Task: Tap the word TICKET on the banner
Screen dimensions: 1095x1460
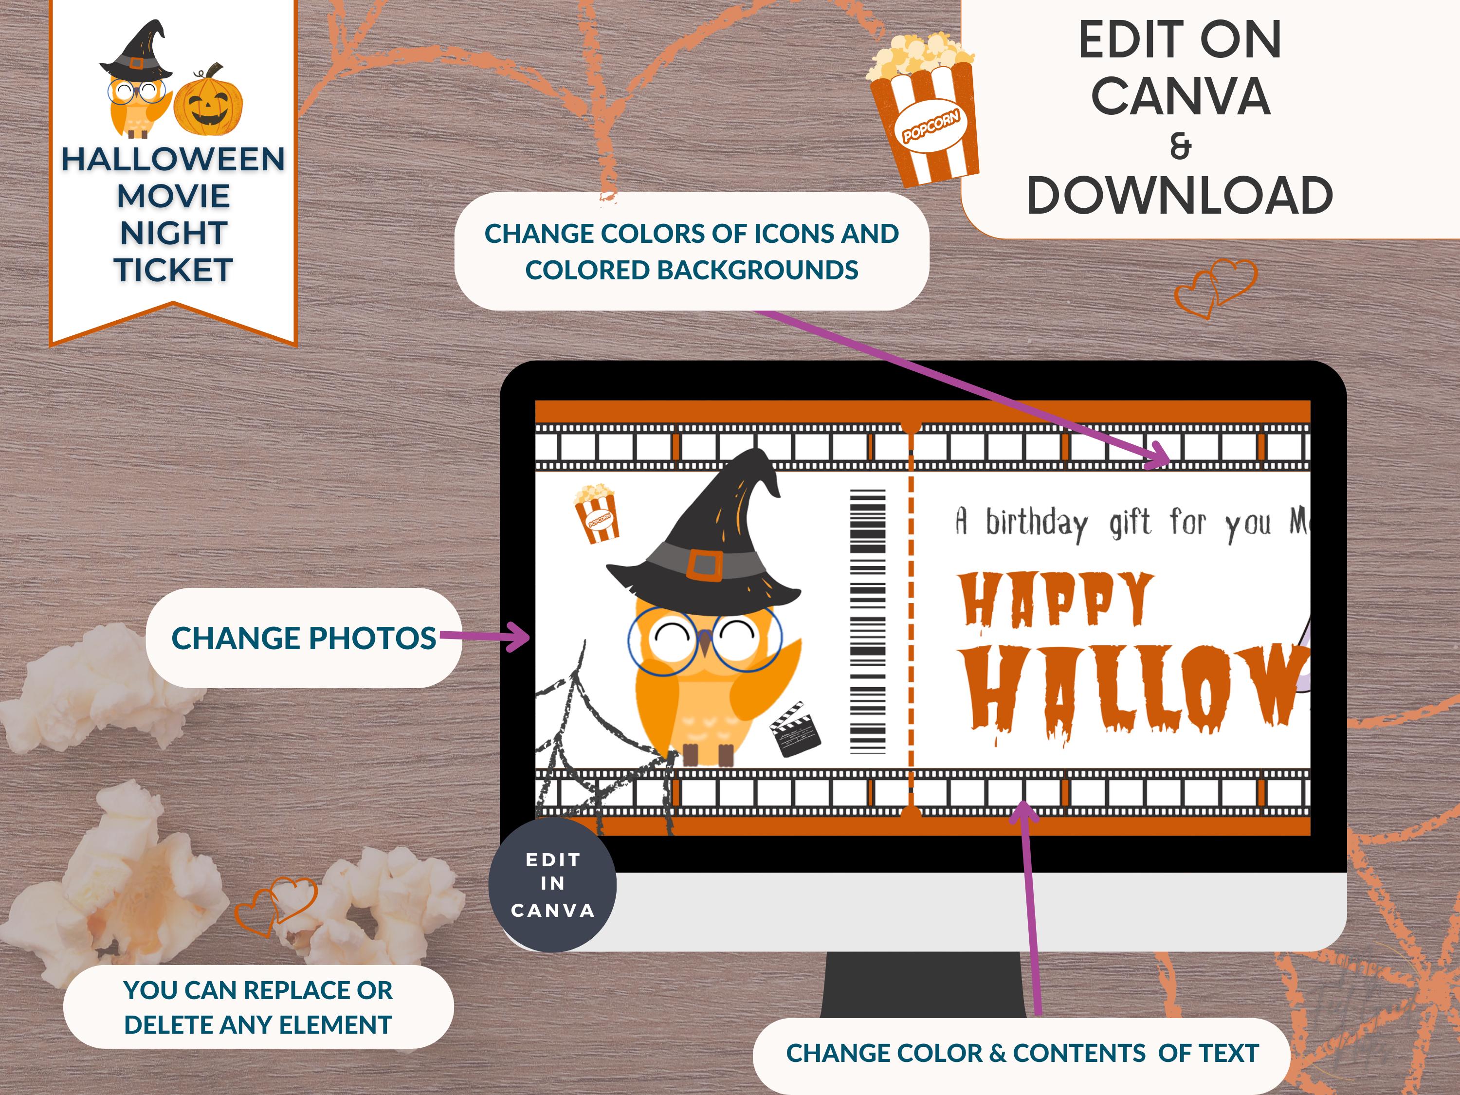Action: click(x=173, y=270)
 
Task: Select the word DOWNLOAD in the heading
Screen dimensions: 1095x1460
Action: click(x=1180, y=196)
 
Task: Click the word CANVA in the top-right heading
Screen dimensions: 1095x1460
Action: click(x=1180, y=96)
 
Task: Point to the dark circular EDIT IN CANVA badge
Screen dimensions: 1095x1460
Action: click(x=552, y=884)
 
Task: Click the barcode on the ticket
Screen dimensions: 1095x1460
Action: click(x=867, y=621)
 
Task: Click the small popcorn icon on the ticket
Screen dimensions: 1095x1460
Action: click(x=597, y=513)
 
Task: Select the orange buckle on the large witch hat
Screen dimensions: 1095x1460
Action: click(x=704, y=565)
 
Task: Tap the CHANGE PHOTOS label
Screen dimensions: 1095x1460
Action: click(x=303, y=638)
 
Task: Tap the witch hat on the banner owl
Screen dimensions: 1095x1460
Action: click(x=137, y=52)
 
